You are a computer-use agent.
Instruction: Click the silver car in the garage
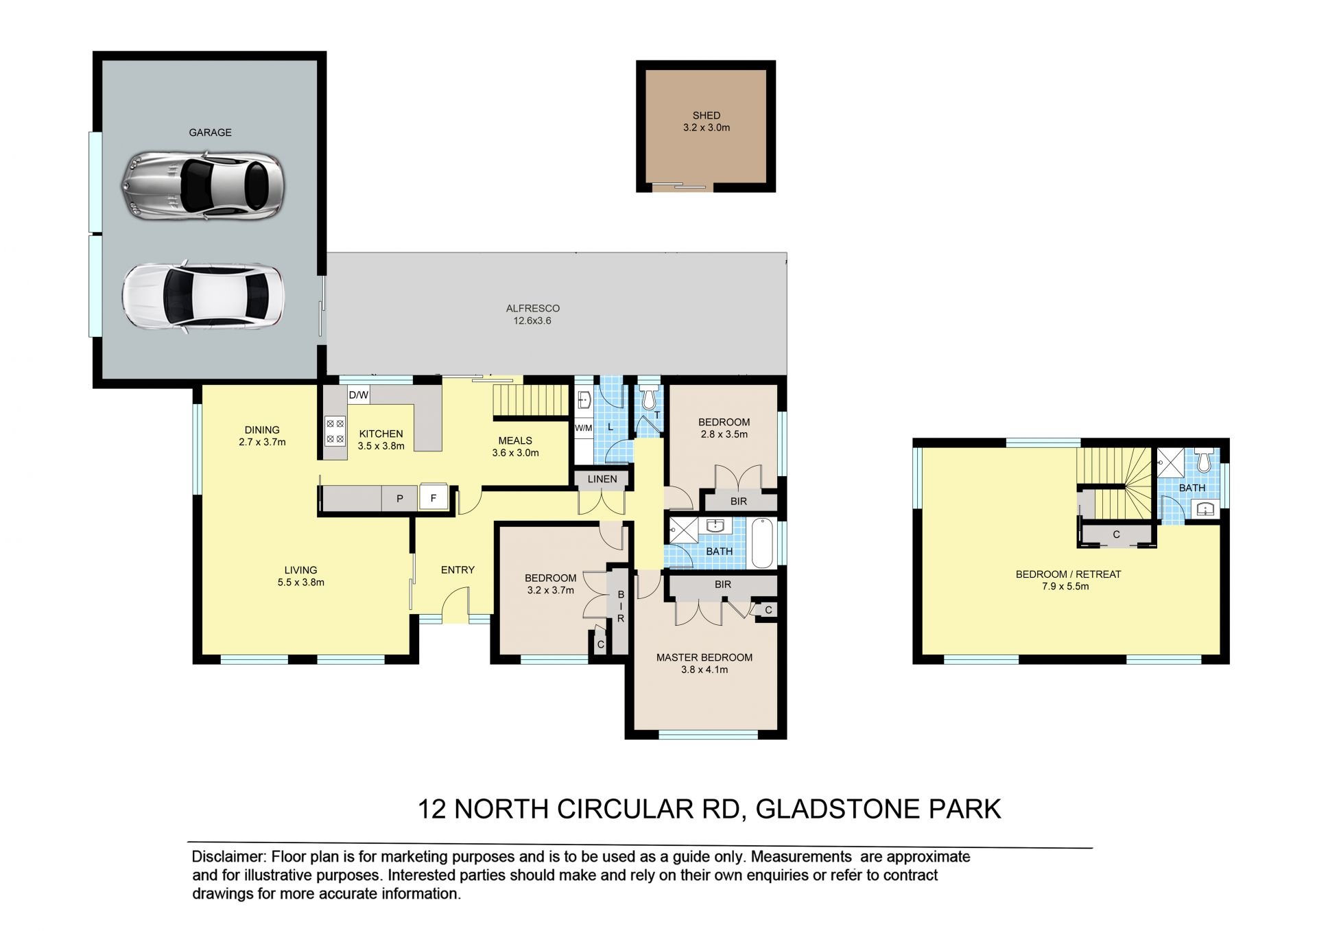point(203,186)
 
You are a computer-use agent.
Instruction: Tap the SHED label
point(707,115)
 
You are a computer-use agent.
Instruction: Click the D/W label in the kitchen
point(359,395)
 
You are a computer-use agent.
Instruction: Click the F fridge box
point(434,498)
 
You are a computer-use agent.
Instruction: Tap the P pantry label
point(400,499)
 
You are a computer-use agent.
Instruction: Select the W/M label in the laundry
point(583,428)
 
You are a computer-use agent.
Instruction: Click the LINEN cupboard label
point(602,479)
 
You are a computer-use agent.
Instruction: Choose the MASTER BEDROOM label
point(704,657)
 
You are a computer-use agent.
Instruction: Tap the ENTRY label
point(458,569)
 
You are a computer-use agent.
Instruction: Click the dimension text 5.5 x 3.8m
point(301,582)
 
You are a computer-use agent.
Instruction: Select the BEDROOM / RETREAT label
point(1068,574)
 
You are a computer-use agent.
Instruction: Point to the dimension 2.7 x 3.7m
point(262,443)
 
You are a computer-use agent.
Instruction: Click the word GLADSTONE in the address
point(838,810)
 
